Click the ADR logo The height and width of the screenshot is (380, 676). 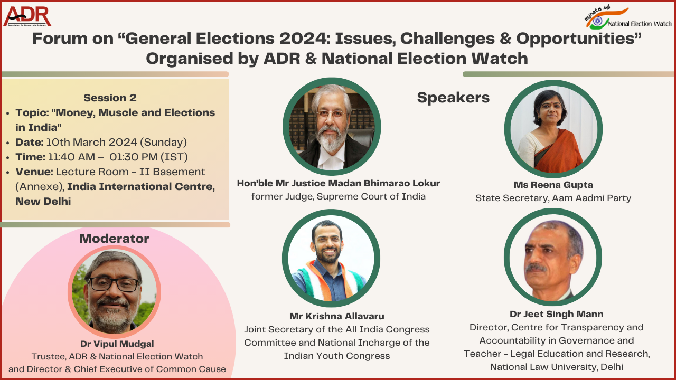tap(27, 16)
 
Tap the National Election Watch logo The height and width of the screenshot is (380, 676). tap(628, 18)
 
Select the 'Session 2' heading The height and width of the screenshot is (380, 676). tap(110, 98)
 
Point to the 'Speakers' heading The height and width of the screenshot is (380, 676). tap(453, 98)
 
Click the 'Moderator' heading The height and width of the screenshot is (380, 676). tap(114, 239)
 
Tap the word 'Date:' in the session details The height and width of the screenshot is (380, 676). tap(30, 142)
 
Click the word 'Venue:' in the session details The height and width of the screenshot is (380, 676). tap(34, 172)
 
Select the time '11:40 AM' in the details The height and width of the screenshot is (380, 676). tap(71, 157)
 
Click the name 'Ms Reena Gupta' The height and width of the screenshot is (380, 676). tap(553, 185)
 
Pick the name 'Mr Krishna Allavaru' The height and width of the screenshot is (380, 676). tap(337, 316)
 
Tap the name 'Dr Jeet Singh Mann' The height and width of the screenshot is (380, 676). tap(557, 314)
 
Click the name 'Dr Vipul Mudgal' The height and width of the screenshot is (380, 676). tap(117, 344)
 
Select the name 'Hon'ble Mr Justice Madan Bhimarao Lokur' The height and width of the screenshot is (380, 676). tap(339, 183)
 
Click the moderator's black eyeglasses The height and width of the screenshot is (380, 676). tap(113, 284)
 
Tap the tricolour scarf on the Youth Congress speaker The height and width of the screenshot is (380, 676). tap(329, 280)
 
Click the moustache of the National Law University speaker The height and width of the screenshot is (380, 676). tap(536, 267)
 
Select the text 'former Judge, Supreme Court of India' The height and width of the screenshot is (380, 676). tap(339, 196)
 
